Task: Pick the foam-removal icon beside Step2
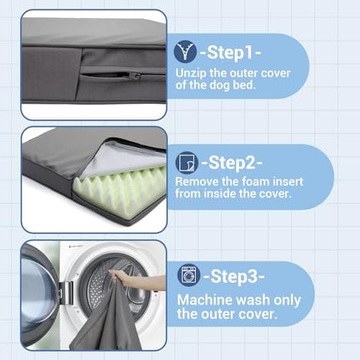186,161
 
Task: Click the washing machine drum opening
108,288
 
